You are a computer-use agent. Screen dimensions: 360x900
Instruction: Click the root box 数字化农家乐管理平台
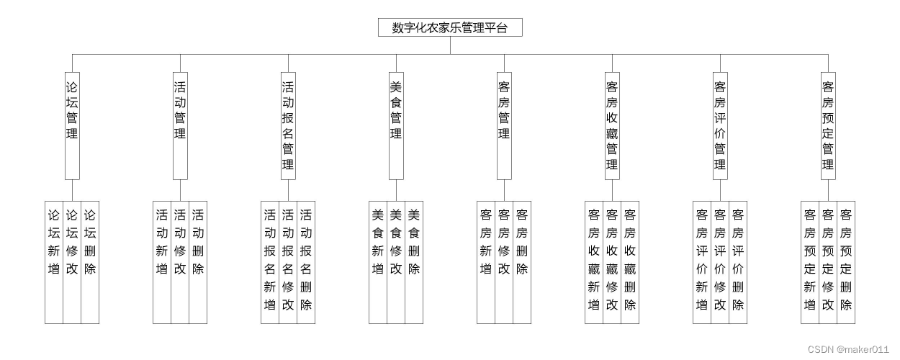click(x=450, y=27)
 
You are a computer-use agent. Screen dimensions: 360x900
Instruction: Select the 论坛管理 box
click(x=72, y=125)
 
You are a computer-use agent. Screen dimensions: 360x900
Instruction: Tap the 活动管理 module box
click(x=180, y=125)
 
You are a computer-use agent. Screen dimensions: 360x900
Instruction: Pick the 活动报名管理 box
click(x=288, y=125)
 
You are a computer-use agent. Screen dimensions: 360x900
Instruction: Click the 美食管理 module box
click(x=396, y=125)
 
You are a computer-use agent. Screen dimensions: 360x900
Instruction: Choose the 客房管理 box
click(x=504, y=125)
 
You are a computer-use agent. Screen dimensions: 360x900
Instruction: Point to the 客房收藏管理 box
click(x=612, y=125)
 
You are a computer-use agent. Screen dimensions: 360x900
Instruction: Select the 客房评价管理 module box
click(x=720, y=125)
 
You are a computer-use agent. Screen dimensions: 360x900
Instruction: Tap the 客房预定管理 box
click(x=828, y=125)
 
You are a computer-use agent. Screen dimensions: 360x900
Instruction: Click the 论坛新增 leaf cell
click(x=54, y=262)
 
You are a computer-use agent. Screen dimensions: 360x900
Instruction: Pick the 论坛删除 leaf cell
click(x=90, y=262)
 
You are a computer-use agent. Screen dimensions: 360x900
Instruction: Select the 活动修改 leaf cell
click(x=180, y=262)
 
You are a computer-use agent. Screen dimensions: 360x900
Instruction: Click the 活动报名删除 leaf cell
click(x=306, y=262)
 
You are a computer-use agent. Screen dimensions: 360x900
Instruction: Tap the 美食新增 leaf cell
click(x=378, y=262)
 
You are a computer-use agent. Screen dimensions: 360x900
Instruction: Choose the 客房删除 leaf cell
click(x=522, y=262)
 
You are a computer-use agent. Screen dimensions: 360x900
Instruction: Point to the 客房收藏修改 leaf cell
click(x=612, y=262)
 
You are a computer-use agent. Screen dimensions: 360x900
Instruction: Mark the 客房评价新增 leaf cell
click(x=702, y=262)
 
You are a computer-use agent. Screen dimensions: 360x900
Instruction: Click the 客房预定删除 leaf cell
click(x=846, y=262)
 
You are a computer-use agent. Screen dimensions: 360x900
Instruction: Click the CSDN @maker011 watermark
click(x=847, y=349)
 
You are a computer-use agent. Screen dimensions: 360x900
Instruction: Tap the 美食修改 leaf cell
click(x=396, y=262)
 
